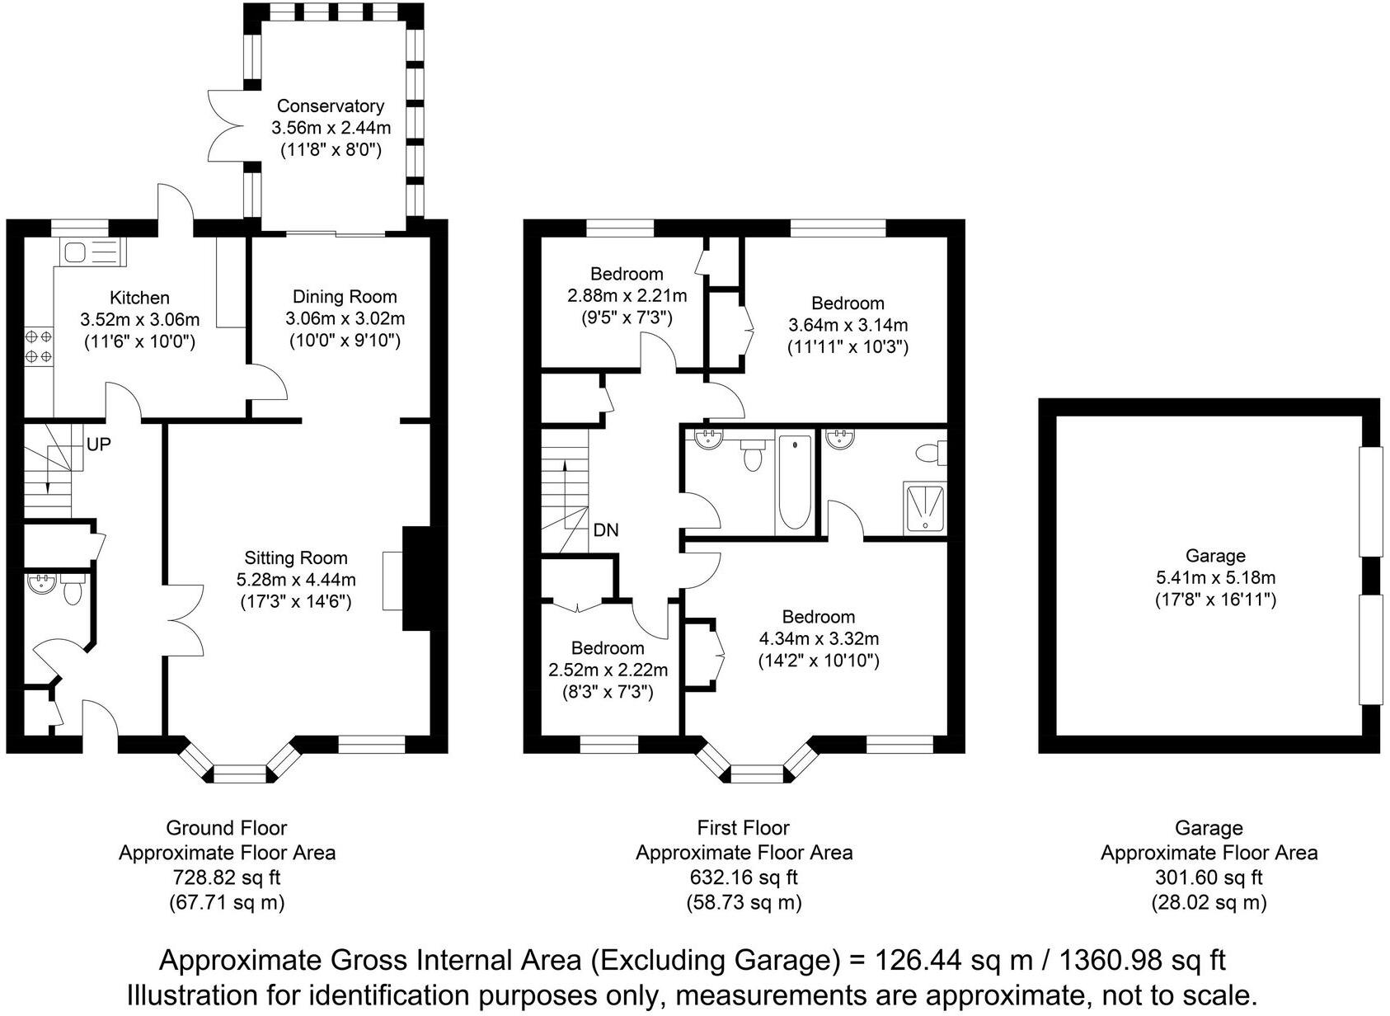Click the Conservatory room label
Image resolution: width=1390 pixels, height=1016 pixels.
(330, 106)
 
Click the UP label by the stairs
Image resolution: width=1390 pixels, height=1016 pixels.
(98, 444)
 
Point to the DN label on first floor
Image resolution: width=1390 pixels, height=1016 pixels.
(606, 530)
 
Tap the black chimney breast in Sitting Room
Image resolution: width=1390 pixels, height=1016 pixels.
(416, 578)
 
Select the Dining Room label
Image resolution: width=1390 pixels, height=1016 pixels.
(345, 297)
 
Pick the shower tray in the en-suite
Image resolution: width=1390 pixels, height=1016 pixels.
(926, 506)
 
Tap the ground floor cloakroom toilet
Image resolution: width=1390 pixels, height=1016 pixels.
(73, 590)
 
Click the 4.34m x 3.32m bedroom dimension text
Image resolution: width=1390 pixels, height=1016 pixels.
(818, 639)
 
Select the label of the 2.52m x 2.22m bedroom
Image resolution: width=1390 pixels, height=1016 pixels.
(608, 648)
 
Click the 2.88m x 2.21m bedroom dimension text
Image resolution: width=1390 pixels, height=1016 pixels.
(627, 295)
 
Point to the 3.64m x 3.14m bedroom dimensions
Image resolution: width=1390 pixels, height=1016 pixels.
(848, 325)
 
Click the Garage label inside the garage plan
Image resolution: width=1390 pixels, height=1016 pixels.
(1214, 556)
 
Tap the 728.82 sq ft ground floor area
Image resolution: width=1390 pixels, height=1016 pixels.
(227, 877)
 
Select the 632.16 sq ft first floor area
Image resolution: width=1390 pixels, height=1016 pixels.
(744, 877)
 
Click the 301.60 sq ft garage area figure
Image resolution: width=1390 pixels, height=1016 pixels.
(1209, 877)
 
